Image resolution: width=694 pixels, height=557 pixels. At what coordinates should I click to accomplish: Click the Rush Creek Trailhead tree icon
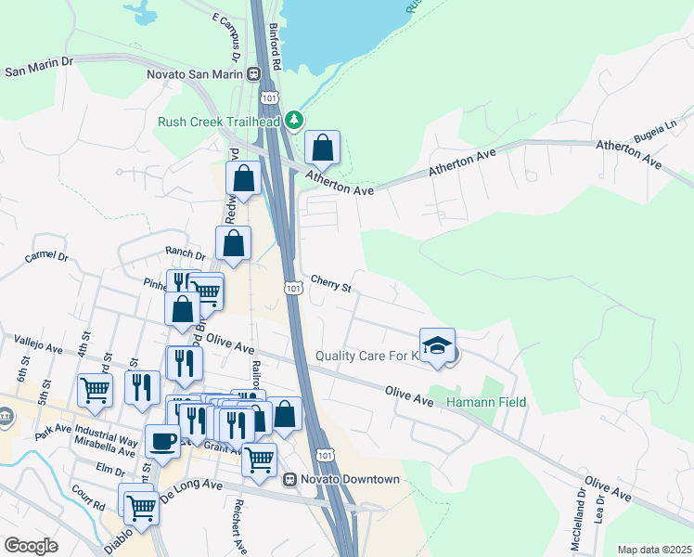(294, 120)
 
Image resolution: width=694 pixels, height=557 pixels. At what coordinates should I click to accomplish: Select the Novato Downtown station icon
(290, 480)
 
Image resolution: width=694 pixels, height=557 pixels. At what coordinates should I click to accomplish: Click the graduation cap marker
(438, 345)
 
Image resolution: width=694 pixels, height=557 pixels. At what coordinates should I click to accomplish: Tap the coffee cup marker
(162, 442)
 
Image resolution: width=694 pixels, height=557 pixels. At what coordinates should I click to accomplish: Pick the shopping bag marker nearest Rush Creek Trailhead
(322, 148)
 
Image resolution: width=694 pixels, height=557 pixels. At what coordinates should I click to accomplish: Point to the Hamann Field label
(486, 402)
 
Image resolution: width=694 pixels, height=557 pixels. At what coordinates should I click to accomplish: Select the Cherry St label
(331, 283)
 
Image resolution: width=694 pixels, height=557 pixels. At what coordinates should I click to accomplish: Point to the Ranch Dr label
(185, 253)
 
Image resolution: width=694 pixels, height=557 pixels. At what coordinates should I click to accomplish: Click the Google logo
(31, 546)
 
